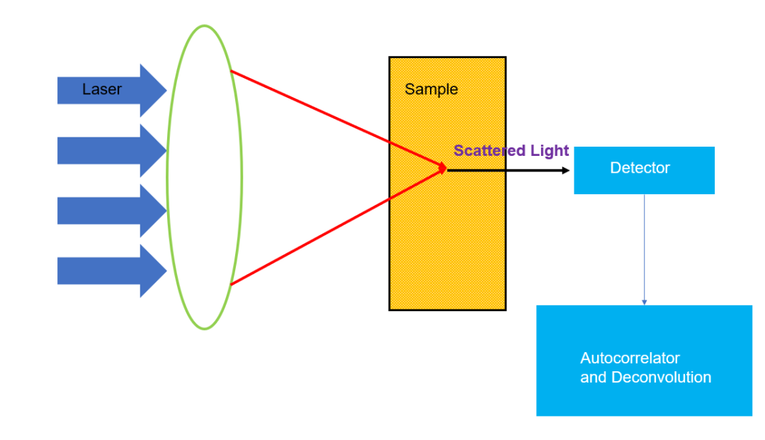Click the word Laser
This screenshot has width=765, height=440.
[102, 90]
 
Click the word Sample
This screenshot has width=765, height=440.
[431, 90]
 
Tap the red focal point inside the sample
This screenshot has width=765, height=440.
[444, 169]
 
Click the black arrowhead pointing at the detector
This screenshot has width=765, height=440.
[565, 170]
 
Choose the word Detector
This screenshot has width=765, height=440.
[640, 168]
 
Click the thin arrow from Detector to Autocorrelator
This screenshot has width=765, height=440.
[644, 248]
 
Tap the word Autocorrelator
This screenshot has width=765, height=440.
[630, 359]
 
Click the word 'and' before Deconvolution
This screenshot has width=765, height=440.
[593, 378]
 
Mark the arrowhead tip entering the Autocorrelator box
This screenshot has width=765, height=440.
[644, 304]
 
